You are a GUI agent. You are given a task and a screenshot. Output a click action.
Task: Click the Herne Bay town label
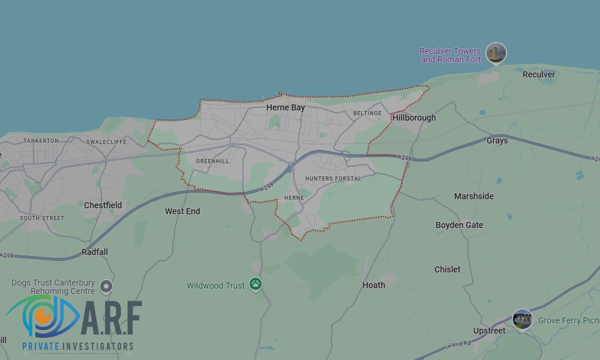tap(286, 108)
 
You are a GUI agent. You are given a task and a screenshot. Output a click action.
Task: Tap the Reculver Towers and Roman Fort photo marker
tap(496, 53)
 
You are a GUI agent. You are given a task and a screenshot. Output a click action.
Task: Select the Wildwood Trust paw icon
tap(256, 284)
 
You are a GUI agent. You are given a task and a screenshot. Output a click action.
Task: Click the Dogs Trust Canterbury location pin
tap(106, 287)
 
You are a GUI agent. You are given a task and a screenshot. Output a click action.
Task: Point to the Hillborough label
tap(414, 118)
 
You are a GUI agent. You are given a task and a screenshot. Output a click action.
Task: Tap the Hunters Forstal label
tap(333, 179)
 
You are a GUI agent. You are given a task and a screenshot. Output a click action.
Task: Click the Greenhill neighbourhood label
tap(212, 161)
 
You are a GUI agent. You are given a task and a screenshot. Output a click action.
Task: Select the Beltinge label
tap(367, 113)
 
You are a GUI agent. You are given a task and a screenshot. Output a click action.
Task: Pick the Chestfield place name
tap(103, 205)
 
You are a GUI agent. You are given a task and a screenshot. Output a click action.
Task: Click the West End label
tap(182, 211)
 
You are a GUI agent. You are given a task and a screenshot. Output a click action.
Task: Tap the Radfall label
tap(95, 252)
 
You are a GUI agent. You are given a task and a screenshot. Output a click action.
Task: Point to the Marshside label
tap(474, 196)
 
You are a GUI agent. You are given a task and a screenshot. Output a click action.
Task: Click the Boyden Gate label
tap(459, 225)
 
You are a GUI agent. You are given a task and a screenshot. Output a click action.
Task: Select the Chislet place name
tap(448, 269)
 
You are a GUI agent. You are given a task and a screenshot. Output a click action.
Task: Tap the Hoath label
tap(374, 285)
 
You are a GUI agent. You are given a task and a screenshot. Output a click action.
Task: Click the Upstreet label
tap(489, 331)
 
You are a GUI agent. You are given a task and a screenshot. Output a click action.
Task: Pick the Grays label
tap(497, 140)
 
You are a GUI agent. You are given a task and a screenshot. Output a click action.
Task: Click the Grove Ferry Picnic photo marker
tap(523, 319)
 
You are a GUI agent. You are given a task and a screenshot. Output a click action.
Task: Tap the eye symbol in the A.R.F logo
tap(43, 316)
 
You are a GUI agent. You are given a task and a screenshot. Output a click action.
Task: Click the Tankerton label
tap(41, 140)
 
